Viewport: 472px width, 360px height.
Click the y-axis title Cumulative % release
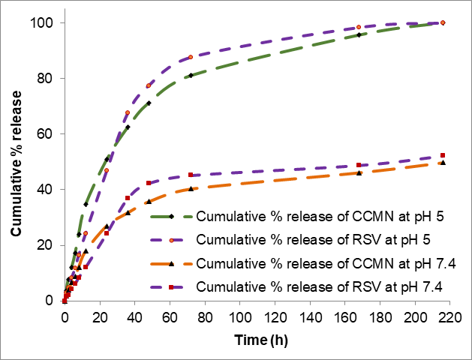16,162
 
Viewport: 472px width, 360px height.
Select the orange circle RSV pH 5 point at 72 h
191,57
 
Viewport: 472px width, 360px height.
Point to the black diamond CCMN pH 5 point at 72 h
191,75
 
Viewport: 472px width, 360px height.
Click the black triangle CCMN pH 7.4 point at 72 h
191,188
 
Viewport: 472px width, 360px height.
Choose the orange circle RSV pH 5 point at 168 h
359,27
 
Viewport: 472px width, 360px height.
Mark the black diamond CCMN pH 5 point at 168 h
359,34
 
